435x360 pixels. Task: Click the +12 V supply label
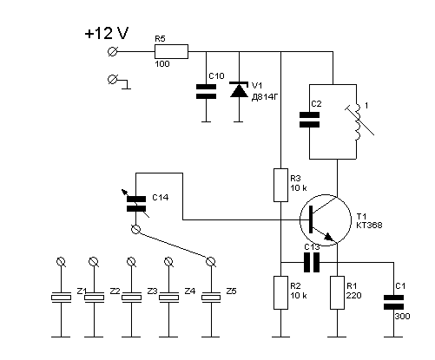tap(107, 33)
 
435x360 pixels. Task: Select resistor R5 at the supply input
tap(171, 52)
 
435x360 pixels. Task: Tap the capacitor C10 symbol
tap(206, 91)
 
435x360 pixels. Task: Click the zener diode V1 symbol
tap(239, 89)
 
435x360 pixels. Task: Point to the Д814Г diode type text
tap(265, 97)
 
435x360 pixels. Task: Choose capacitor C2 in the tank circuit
tap(309, 120)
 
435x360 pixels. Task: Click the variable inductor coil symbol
tap(359, 121)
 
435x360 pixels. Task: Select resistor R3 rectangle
tap(280, 185)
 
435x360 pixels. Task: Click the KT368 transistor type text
tap(369, 226)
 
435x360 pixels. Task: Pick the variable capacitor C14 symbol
tap(136, 204)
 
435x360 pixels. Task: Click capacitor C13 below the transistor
tap(312, 263)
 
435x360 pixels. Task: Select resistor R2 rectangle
tap(280, 292)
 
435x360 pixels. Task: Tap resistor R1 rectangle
tap(338, 292)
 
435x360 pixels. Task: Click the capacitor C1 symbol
tap(393, 302)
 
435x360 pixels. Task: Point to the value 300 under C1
tap(402, 317)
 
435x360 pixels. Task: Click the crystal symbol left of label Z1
tap(61, 298)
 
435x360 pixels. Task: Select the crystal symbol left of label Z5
tap(211, 298)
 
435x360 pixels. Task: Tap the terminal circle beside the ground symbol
tap(112, 79)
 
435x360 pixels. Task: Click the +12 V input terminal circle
tap(112, 52)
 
